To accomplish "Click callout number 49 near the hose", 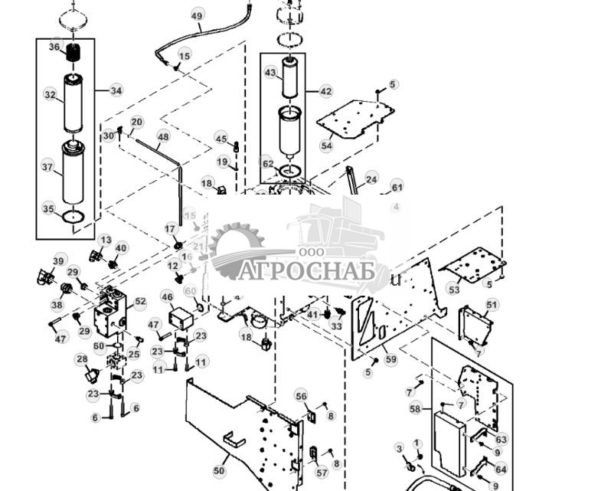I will pos(197,16).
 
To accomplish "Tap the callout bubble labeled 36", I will pos(54,47).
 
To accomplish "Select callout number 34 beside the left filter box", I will pos(116,90).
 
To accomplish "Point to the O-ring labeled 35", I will pos(48,208).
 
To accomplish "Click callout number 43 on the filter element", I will pos(270,72).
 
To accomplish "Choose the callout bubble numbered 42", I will pos(326,91).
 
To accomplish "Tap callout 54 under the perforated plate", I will pos(327,146).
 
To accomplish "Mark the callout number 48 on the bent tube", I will pos(163,137).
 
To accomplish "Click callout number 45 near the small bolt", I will pos(221,139).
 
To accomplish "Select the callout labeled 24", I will pos(371,180).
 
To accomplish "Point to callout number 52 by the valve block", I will pos(140,303).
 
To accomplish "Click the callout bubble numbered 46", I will pos(167,296).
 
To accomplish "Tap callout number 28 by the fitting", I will pos(81,358).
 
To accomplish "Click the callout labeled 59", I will pos(391,358).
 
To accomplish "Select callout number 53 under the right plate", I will pos(454,290).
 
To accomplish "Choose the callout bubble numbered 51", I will pos(492,305).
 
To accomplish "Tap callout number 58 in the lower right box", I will pos(416,410).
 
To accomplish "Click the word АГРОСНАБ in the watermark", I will pos(306,271).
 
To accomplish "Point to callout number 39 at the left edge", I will pos(58,261).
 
